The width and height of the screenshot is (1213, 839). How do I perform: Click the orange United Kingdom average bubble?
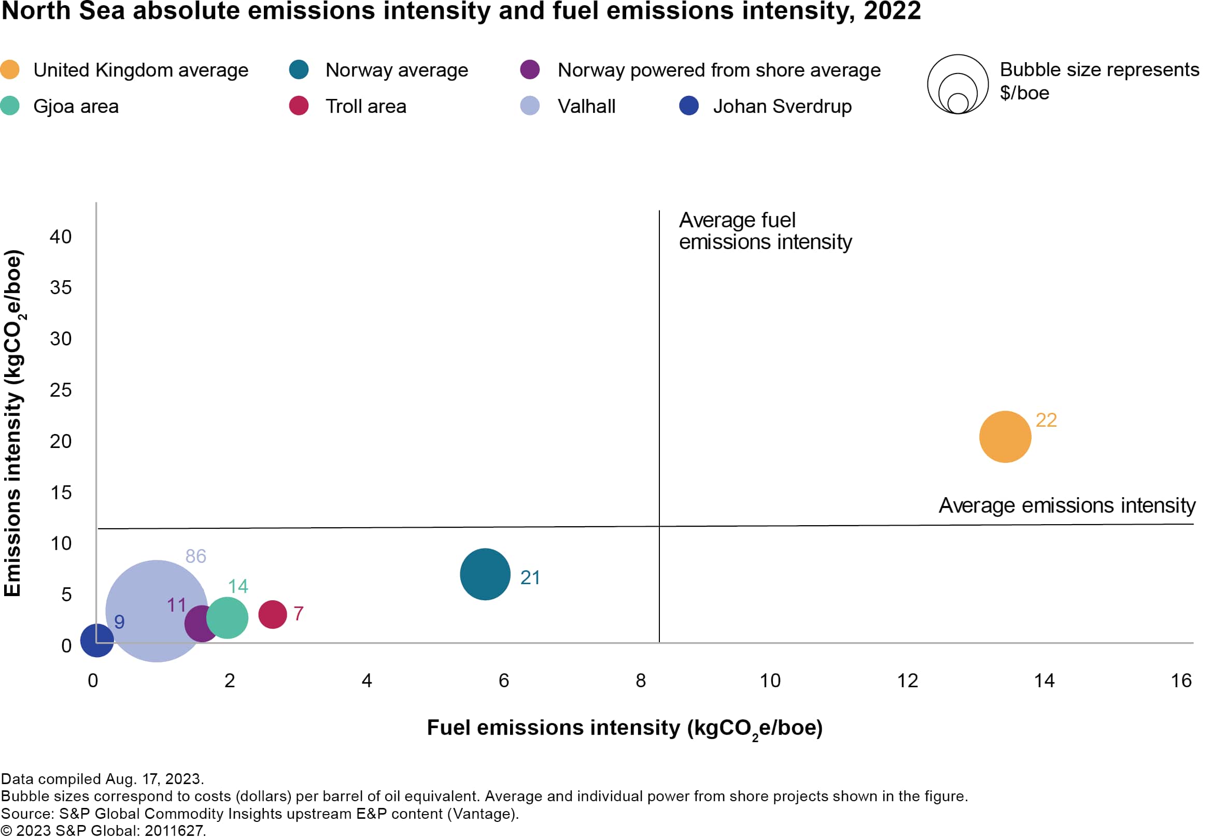[x=1005, y=437]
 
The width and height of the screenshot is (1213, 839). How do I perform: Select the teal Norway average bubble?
[x=485, y=574]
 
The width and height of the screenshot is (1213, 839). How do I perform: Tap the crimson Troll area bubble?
[x=273, y=614]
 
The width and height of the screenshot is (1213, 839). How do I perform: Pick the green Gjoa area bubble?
[x=227, y=618]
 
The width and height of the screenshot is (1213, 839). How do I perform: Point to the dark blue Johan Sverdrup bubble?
[x=97, y=640]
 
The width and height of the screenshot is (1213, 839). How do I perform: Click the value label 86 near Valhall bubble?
[x=195, y=556]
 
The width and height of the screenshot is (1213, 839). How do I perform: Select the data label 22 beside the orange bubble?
[x=1046, y=421]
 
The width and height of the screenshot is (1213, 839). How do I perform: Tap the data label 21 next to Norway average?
[x=530, y=578]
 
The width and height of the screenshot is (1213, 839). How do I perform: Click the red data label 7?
[x=298, y=614]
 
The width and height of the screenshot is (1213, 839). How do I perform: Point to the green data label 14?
[x=238, y=586]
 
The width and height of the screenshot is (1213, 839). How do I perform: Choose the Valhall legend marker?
[x=530, y=106]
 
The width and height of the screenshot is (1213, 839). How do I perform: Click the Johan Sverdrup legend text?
[x=782, y=107]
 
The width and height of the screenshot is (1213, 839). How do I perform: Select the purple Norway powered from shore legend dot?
[x=530, y=69]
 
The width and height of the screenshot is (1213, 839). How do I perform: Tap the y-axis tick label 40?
[x=61, y=237]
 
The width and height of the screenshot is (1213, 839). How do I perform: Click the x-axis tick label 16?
[x=1181, y=681]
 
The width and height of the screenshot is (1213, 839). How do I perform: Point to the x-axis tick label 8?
[x=640, y=681]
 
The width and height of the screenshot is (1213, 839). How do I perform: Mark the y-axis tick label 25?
[x=61, y=390]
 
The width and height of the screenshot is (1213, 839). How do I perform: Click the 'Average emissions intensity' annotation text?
[x=1067, y=505]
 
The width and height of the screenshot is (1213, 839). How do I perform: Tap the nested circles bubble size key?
[x=957, y=84]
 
